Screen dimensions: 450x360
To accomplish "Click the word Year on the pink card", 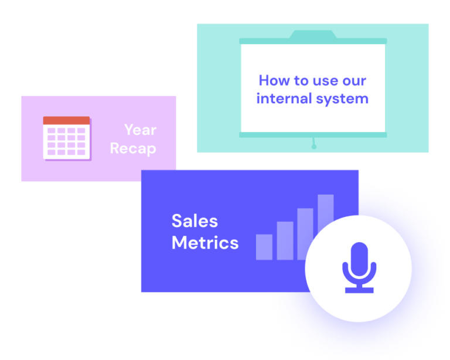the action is click(x=141, y=130).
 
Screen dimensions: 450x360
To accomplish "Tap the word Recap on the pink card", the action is click(x=133, y=149).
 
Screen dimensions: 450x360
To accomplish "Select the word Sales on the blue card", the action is click(x=195, y=221).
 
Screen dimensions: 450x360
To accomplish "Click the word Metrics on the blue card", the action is click(x=205, y=243).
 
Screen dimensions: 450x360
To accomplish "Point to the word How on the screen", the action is click(x=274, y=80).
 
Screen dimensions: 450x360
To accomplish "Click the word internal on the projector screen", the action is click(x=284, y=99).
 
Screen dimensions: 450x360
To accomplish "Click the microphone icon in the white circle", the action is click(x=359, y=267).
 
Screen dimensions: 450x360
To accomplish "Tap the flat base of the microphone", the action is click(x=359, y=290).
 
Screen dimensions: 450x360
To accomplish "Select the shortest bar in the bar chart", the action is click(x=264, y=247).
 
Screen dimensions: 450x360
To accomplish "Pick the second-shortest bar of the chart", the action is click(x=285, y=241).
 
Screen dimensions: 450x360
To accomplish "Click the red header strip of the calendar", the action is click(x=66, y=121).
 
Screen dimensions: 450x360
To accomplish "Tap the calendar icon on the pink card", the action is click(x=67, y=138).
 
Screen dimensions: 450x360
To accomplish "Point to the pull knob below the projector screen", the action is click(x=314, y=147).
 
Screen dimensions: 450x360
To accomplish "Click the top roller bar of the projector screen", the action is click(x=313, y=41).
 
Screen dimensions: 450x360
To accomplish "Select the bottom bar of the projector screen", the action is click(x=313, y=135).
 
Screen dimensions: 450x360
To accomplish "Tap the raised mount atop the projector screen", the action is click(x=313, y=34).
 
